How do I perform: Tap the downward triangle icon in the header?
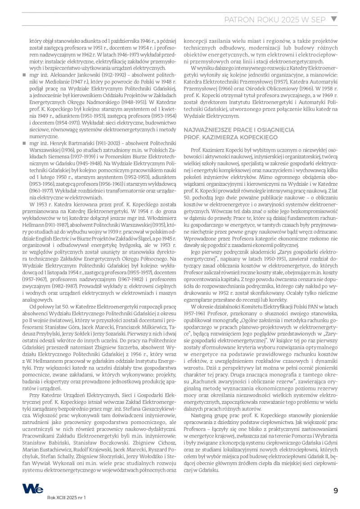(x=333, y=19)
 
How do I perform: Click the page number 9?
(x=335, y=491)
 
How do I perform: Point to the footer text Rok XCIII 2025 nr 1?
(x=66, y=498)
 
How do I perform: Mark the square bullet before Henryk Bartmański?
(x=25, y=143)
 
